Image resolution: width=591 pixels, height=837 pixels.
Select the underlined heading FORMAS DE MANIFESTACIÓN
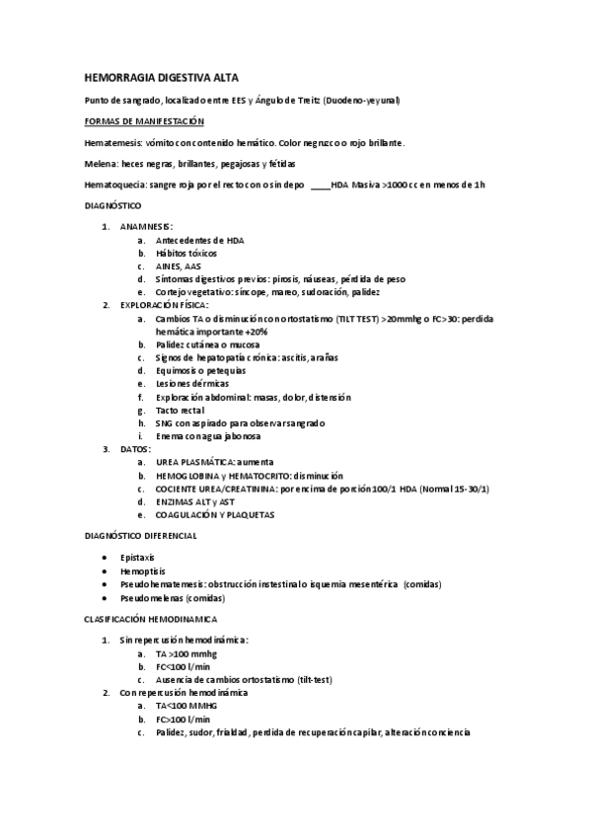point(144,120)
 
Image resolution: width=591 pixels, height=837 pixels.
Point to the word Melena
point(101,164)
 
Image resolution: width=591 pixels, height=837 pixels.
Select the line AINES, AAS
point(178,266)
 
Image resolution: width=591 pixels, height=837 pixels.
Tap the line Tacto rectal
point(180,410)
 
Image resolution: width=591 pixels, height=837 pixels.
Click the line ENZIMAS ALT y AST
point(195,501)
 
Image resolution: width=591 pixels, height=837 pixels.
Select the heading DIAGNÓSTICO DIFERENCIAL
point(142,535)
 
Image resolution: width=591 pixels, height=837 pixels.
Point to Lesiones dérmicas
point(193,383)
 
